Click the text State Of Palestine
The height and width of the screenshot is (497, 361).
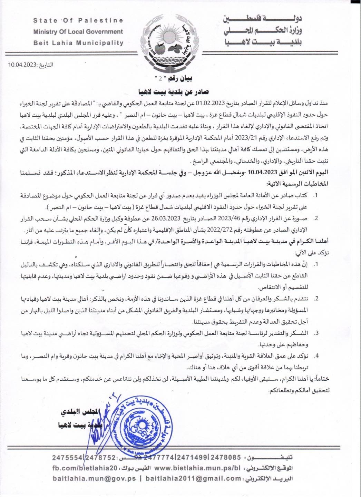[78, 20]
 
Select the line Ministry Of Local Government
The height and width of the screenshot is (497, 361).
[78, 32]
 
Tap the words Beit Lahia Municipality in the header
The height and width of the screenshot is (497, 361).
[78, 43]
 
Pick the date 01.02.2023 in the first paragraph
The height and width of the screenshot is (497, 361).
[211, 103]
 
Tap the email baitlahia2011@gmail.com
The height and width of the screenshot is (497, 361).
[193, 479]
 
